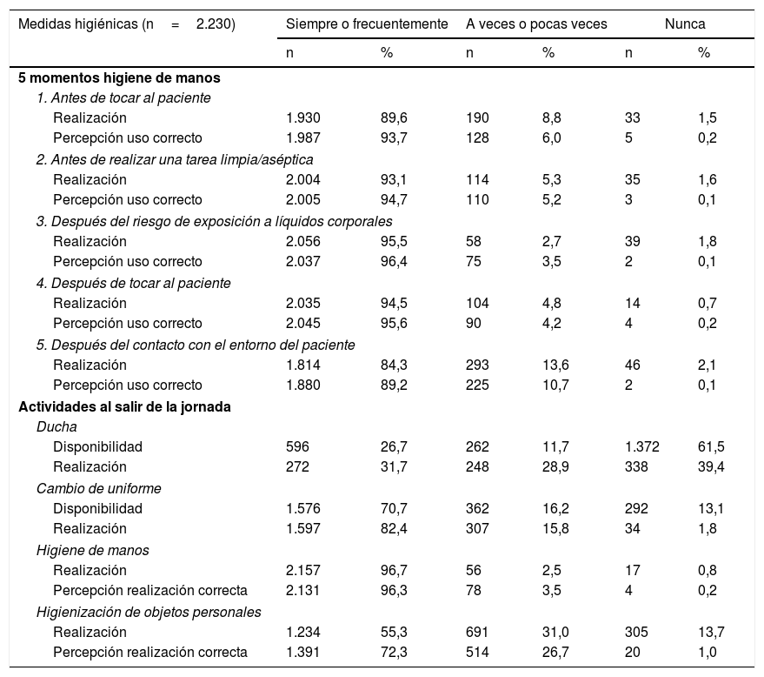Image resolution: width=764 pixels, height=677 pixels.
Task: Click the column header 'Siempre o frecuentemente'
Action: pos(367,24)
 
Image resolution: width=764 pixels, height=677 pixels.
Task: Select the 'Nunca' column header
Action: pos(685,24)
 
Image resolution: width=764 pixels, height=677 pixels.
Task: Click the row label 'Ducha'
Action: pos(56,426)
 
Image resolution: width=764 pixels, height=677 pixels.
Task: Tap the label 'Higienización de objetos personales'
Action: pos(149,612)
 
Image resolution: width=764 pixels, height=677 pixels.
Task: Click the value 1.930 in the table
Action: pos(303,117)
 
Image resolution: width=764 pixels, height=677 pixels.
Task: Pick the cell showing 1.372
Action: pos(641,447)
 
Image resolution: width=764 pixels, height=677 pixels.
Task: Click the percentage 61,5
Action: pos(711,447)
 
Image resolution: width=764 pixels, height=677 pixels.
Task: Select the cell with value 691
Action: pos(477,632)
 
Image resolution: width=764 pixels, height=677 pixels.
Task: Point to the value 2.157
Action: pos(303,570)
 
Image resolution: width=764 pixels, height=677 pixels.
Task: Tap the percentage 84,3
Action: pos(395,365)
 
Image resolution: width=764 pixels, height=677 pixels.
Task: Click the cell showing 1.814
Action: pos(303,365)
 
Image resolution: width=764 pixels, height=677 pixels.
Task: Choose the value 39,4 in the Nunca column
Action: pos(711,467)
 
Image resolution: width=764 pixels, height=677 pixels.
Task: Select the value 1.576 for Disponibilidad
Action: pos(303,508)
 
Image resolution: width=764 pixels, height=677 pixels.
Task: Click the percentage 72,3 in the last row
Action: pos(395,652)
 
